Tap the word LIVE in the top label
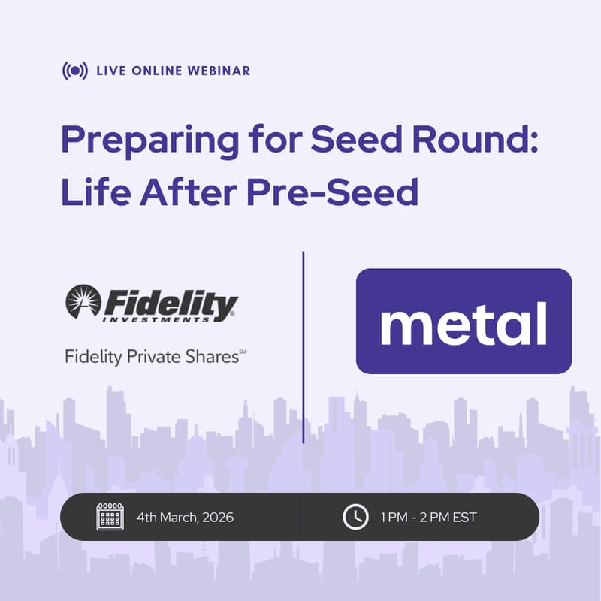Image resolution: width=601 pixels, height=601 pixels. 111,71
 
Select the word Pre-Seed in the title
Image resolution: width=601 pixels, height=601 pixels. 332,193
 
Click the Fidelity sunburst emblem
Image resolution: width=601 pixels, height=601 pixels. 83,302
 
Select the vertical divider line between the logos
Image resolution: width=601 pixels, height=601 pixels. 303,346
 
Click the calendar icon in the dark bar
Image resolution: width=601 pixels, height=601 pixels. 110,517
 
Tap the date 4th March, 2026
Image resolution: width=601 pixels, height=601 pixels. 185,518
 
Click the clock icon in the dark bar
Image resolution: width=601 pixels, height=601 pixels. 355,517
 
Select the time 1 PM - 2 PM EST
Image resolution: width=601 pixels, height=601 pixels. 428,518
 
